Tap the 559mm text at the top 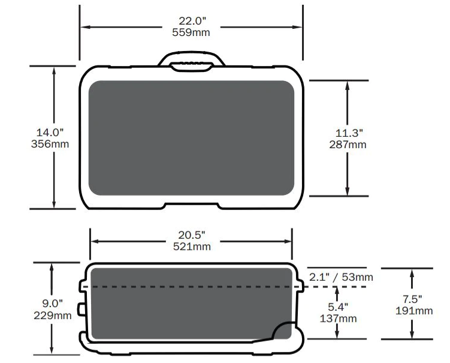click(191, 32)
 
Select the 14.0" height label click(50, 132)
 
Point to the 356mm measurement click(50, 144)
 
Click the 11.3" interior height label click(348, 132)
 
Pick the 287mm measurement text click(348, 144)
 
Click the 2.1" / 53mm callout click(341, 277)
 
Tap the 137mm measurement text click(339, 319)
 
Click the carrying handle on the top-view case click(191, 59)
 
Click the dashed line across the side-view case click(192, 287)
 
